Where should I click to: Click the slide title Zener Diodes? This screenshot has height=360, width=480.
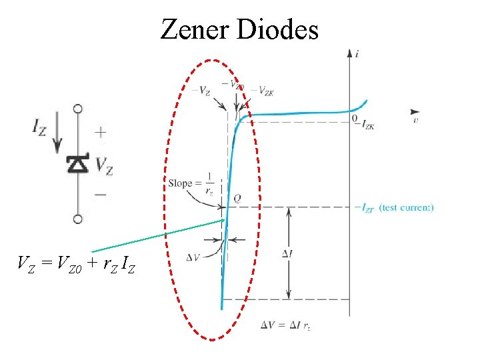click(x=239, y=29)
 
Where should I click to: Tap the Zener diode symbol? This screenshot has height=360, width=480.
click(x=78, y=164)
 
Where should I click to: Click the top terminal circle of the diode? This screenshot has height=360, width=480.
click(x=78, y=108)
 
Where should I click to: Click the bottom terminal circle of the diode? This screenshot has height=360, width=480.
click(x=78, y=219)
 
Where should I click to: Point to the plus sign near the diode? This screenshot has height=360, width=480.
click(x=100, y=133)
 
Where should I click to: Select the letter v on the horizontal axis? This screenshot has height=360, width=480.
click(x=415, y=121)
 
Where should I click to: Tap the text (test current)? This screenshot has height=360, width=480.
click(x=406, y=208)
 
